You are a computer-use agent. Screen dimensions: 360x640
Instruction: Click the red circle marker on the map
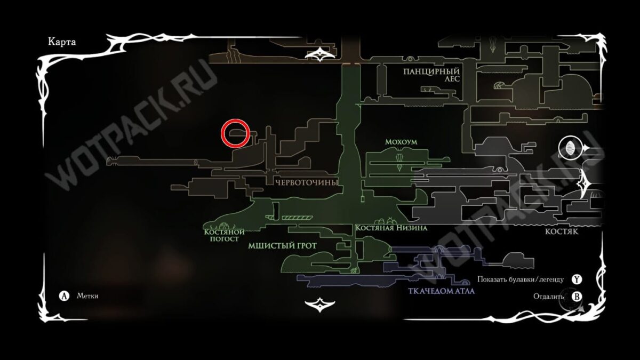[235, 133]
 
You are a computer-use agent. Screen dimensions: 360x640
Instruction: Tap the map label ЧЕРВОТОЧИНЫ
[307, 183]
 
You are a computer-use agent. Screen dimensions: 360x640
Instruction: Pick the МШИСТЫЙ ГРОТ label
[282, 246]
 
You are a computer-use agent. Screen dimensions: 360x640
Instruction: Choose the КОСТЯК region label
[562, 233]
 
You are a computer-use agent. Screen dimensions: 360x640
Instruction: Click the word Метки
[87, 296]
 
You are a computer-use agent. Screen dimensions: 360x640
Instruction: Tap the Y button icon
[576, 279]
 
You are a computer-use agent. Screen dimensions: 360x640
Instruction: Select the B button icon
[576, 296]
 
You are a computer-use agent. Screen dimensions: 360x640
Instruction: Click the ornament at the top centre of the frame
[320, 53]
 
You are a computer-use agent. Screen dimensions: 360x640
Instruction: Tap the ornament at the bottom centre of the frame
[319, 304]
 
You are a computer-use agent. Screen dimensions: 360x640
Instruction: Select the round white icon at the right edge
[569, 148]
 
